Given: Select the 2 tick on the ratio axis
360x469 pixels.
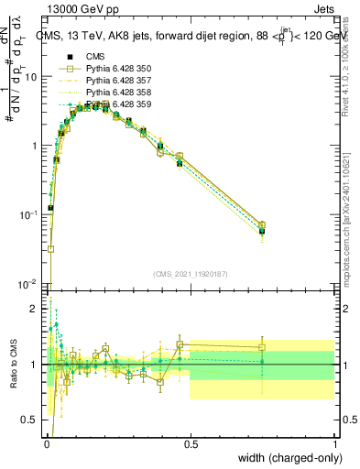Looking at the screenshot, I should click(x=36, y=309).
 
